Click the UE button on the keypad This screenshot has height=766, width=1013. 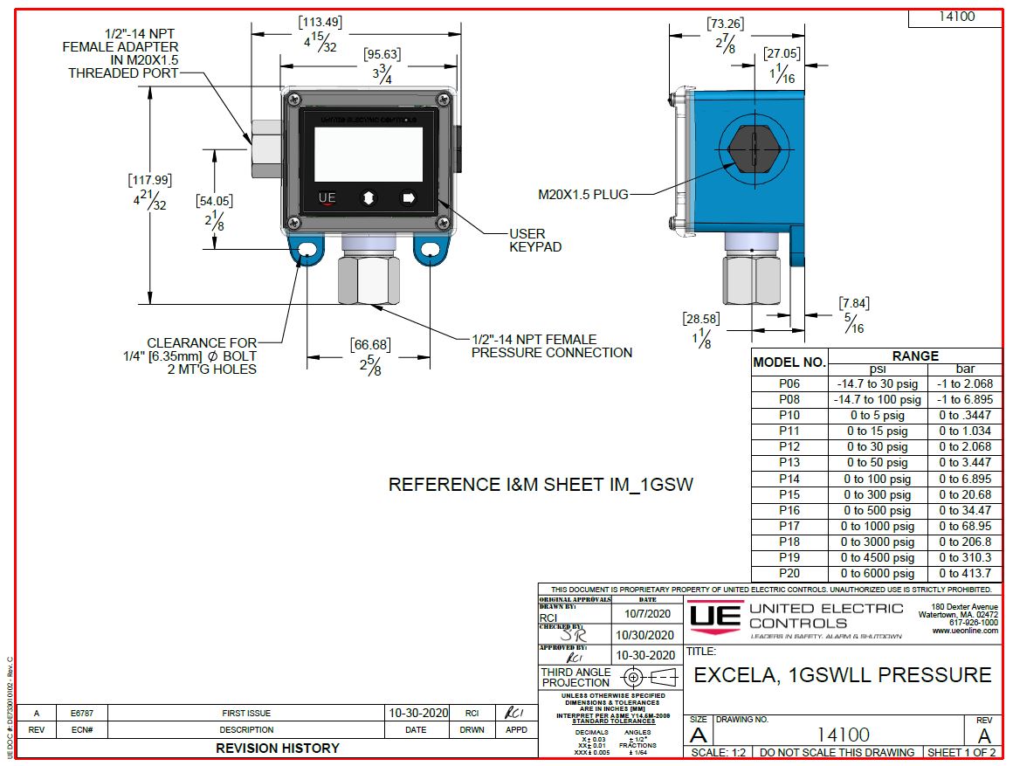pos(327,198)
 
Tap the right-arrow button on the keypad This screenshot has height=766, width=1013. pos(408,198)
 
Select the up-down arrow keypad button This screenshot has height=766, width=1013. pos(368,198)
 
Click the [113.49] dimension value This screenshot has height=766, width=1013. pos(320,22)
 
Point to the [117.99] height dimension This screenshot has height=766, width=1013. pos(150,181)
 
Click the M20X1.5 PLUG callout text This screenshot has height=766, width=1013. pos(584,194)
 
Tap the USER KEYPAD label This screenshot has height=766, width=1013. pos(534,240)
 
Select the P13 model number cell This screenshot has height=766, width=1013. pos(789,463)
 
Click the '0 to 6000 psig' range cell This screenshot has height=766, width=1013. pos(877,574)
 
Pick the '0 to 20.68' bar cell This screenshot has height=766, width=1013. pos(965,494)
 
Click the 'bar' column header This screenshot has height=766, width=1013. pos(965,369)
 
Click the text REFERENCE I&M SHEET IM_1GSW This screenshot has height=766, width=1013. pos(541,485)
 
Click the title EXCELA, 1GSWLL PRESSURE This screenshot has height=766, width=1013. pos(842,675)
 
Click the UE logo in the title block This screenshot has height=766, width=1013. pos(715,617)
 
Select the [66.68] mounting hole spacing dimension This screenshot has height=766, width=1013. pos(370,344)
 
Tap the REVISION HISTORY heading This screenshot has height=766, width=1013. pos(277,748)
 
